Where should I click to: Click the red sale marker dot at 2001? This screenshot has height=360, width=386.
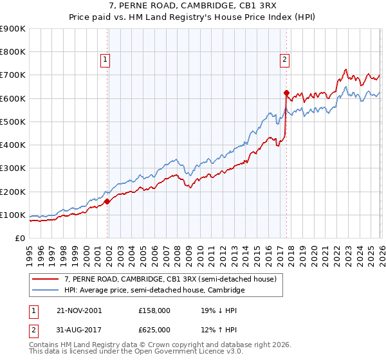(x=107, y=201)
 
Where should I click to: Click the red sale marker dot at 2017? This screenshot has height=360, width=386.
(x=286, y=93)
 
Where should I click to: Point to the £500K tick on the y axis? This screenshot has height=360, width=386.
(x=13, y=122)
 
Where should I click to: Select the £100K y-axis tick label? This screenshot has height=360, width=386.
(x=13, y=215)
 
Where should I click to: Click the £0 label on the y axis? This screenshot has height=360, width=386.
(x=19, y=239)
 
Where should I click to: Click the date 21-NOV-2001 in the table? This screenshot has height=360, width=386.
(x=79, y=310)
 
